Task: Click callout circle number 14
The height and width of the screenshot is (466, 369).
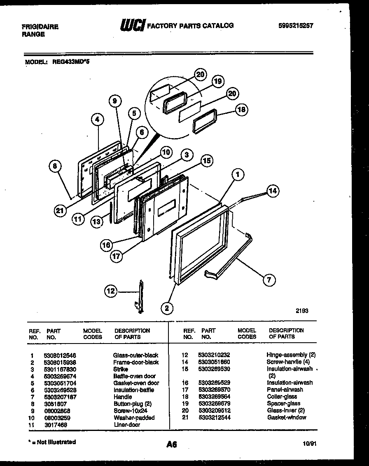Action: pyautogui.click(x=272, y=191)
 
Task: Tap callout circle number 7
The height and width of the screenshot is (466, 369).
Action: pyautogui.click(x=269, y=280)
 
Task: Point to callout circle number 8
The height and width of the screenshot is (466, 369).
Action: pyautogui.click(x=55, y=166)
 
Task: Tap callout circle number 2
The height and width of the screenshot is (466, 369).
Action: pyautogui.click(x=167, y=308)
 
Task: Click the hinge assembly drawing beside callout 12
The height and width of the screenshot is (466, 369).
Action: pyautogui.click(x=141, y=297)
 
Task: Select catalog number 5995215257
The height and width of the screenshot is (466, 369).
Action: pyautogui.click(x=296, y=26)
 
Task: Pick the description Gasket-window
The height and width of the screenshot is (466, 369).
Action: pyautogui.click(x=287, y=417)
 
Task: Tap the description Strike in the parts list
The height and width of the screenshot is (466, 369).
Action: pyautogui.click(x=120, y=369)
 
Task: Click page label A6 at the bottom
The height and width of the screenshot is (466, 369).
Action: pyautogui.click(x=172, y=445)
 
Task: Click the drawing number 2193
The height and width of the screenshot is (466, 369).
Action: pyautogui.click(x=301, y=311)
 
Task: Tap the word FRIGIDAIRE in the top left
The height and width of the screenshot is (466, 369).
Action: pyautogui.click(x=40, y=27)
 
